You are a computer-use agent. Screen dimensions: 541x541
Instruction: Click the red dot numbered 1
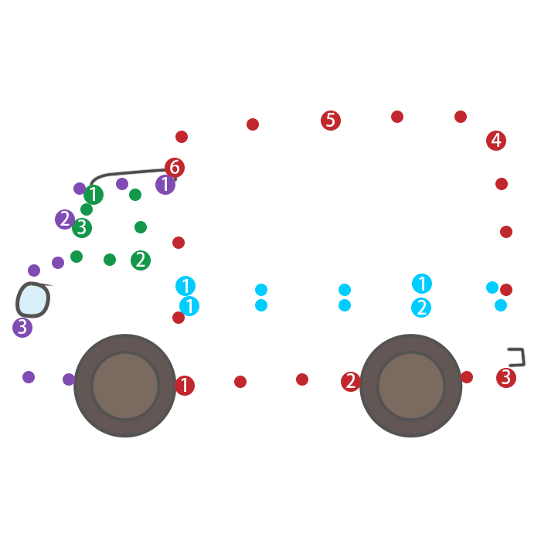185,386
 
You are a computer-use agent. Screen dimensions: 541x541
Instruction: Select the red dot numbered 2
351,381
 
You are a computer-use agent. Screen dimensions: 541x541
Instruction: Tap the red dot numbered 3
506,378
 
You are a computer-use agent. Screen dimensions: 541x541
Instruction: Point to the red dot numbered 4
496,141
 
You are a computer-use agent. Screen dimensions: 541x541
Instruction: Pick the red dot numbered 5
331,121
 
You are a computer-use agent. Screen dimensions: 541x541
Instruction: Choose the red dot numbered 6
175,168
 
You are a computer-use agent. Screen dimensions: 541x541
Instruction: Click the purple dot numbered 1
165,185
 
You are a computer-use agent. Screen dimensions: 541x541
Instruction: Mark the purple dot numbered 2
65,219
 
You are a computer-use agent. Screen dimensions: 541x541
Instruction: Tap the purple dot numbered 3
22,328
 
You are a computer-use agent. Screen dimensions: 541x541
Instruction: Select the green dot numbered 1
94,195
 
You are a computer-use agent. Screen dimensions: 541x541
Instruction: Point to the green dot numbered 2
141,260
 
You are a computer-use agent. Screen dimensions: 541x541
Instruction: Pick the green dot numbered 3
82,228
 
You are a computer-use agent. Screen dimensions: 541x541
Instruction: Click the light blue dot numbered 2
421,308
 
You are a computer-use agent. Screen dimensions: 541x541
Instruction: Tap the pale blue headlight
32,300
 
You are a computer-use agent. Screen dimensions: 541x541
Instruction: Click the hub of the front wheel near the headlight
125,385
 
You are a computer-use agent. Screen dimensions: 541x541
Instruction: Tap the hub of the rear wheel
411,385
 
